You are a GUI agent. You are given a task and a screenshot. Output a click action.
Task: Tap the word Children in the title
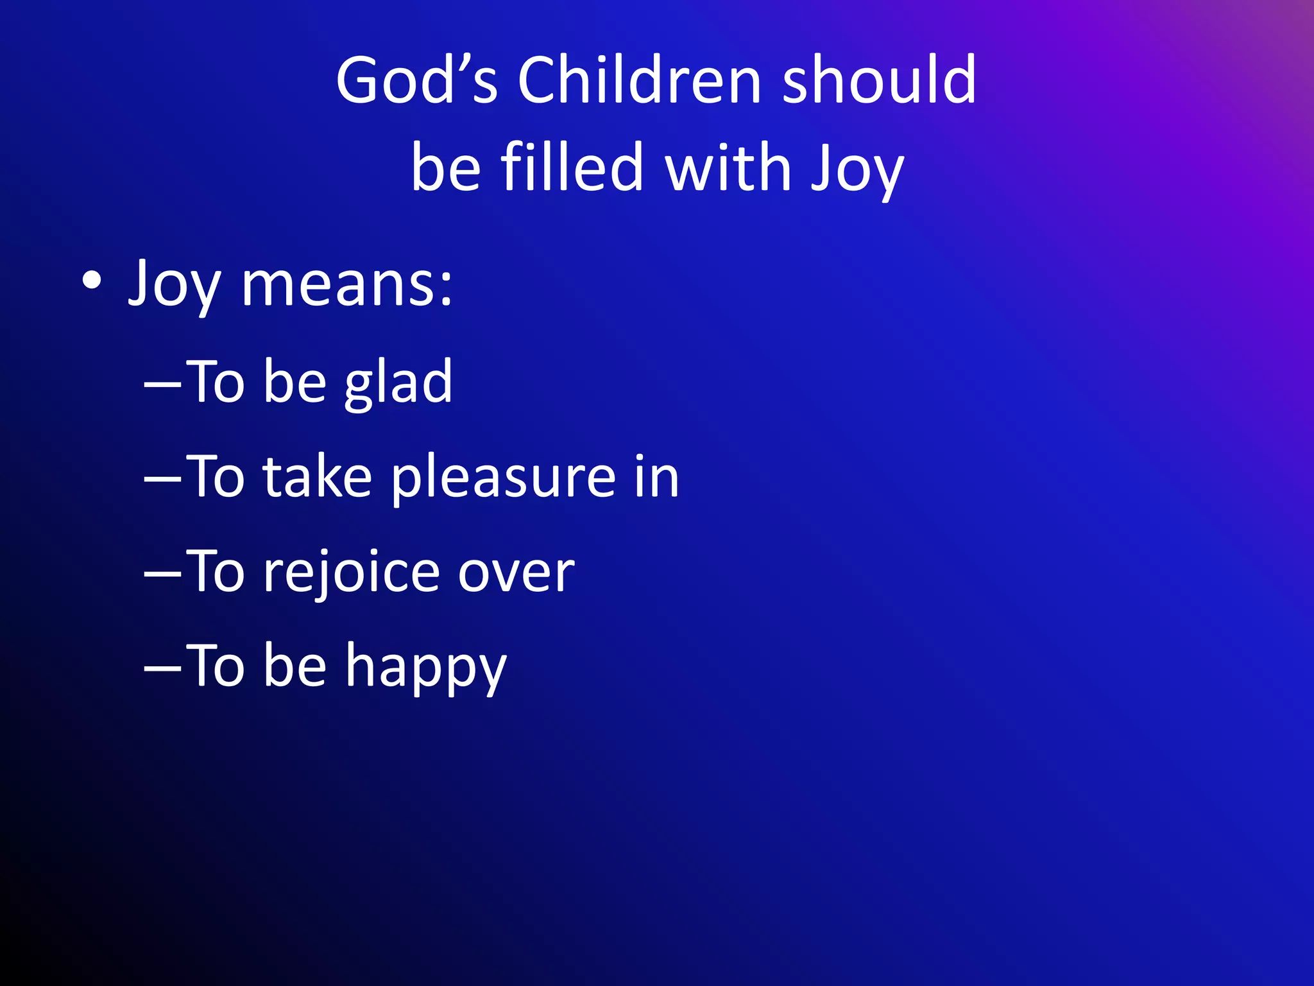(x=640, y=80)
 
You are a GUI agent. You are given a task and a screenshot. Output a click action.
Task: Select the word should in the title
(x=879, y=80)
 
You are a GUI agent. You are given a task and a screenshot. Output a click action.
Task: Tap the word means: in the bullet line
(x=347, y=284)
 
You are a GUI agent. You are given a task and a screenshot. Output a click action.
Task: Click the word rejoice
(x=350, y=573)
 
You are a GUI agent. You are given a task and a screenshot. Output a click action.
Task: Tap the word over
(x=516, y=573)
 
